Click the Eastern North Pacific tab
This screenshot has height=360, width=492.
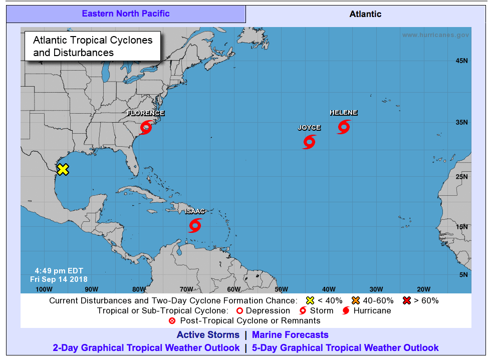point(126,14)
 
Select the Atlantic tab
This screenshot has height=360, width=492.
point(365,14)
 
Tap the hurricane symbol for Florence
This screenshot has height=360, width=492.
point(146,127)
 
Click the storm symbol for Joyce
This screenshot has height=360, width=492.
point(309,142)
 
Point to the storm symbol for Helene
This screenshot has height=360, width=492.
point(343,127)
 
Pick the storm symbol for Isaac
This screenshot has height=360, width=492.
point(195,225)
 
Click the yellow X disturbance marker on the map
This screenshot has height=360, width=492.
point(63,169)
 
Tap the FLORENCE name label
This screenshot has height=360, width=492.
point(146,113)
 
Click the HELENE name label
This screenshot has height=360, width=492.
point(343,113)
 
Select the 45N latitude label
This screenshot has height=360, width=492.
point(461,61)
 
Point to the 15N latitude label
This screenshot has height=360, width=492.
point(461,227)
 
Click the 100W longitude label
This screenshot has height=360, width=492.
point(44,289)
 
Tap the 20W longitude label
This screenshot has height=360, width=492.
point(423,289)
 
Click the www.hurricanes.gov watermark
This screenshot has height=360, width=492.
point(435,35)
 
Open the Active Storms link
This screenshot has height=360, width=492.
point(208,335)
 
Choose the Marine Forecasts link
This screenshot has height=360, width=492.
point(290,335)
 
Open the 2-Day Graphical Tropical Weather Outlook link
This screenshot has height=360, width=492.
point(146,347)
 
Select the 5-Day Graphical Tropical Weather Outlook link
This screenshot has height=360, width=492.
point(345,347)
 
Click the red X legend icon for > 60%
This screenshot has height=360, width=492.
point(407,300)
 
